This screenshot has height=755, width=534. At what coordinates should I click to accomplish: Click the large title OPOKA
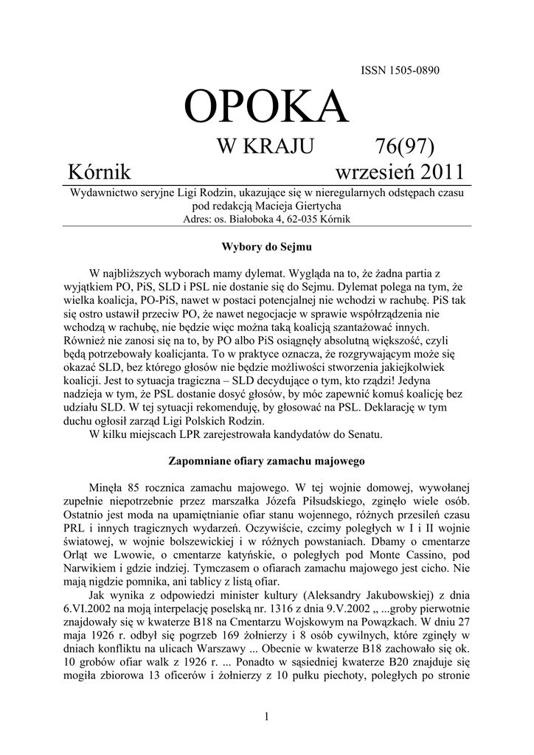pyautogui.click(x=266, y=106)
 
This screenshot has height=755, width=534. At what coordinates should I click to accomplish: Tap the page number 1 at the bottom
pyautogui.click(x=266, y=717)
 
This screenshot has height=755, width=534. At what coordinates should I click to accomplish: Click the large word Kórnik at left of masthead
pyautogui.click(x=99, y=173)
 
